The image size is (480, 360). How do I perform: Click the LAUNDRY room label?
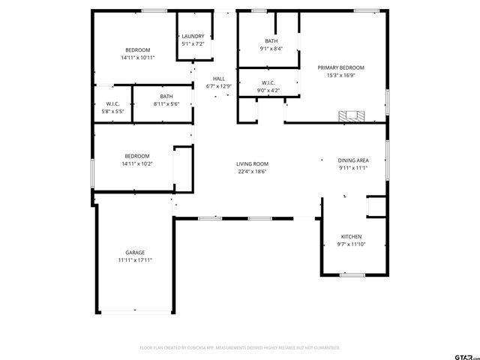click(x=193, y=36)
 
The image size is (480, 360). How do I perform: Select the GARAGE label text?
click(x=135, y=253)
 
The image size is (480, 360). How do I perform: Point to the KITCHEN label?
click(x=352, y=235)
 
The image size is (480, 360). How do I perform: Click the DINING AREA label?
click(x=352, y=160)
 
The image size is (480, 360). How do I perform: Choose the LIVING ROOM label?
click(x=252, y=163)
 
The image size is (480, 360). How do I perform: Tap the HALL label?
click(x=218, y=79)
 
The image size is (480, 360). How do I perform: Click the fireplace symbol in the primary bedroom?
click(x=351, y=116)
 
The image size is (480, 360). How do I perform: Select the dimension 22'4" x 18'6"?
click(x=252, y=172)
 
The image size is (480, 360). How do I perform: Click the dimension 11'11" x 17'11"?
click(x=135, y=260)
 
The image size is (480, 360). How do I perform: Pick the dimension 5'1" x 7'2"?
click(x=193, y=43)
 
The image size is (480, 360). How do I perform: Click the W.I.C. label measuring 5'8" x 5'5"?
click(x=113, y=103)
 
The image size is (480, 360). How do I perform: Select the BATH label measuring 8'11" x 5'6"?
click(x=166, y=96)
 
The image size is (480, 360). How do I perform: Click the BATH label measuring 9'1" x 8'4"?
click(x=271, y=41)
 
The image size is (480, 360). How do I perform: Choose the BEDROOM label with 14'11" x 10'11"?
click(x=137, y=49)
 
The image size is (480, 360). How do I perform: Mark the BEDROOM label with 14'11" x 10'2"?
click(x=137, y=156)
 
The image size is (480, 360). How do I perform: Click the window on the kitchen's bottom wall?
click(x=352, y=274)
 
